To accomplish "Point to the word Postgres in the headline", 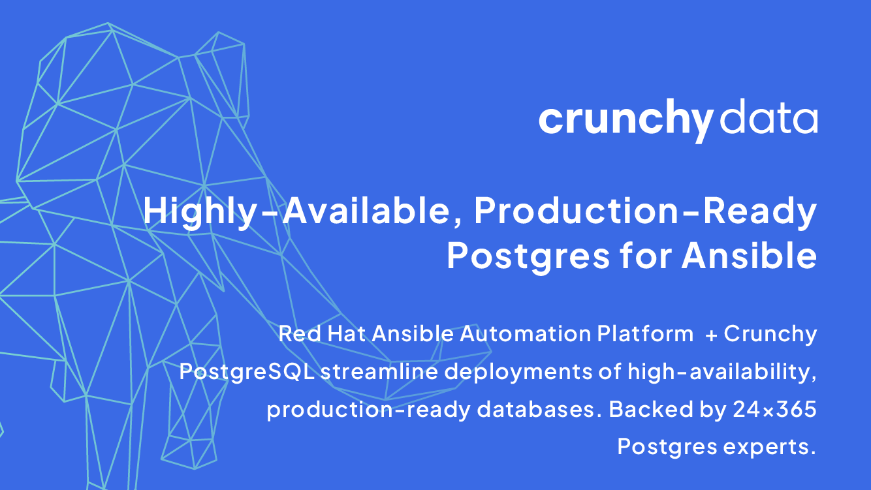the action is pos(528,256).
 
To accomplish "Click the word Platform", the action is pos(645,333).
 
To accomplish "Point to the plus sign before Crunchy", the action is pos(711,335).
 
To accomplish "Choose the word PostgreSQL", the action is pos(247,372).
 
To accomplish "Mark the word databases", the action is pos(540,409).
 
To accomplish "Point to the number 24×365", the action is pos(774,410).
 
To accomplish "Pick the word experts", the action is pos(769,447).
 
